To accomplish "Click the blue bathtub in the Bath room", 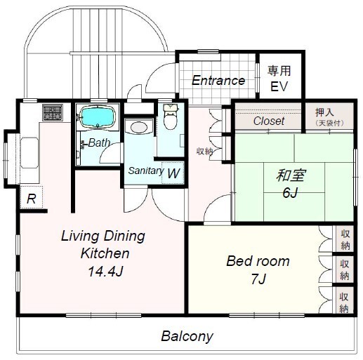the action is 98,116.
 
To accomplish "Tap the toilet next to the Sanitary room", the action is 171,116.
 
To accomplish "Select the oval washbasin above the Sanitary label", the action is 139,127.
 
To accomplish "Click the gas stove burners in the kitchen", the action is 53,112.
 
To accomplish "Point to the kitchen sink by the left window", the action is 29,152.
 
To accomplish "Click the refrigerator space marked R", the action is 32,197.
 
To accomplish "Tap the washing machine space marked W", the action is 173,173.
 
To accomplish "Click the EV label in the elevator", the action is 279,86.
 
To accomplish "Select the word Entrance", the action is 218,81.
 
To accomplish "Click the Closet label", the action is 269,121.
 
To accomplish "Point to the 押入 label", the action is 324,112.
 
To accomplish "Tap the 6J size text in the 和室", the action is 290,192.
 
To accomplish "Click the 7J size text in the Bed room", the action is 258,279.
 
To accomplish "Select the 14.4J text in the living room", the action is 105,272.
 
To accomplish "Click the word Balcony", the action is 187,336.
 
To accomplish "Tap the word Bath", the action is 99,142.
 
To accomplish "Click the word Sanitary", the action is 145,171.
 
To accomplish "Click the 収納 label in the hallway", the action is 204,152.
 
